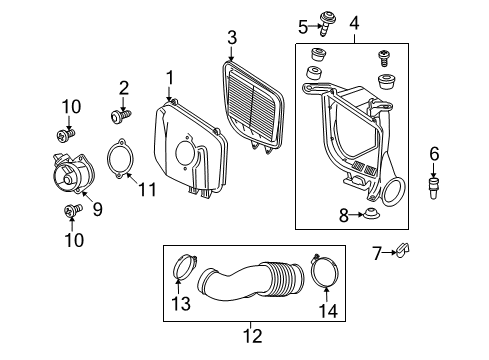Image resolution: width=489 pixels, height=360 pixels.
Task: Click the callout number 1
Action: coord(170,76)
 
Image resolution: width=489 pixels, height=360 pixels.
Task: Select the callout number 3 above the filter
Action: coord(231,38)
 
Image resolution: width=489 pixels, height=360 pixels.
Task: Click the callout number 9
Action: coord(97,209)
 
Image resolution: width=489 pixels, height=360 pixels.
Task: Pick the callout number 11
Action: coord(148,189)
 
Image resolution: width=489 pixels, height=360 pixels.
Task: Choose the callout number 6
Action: coord(434,153)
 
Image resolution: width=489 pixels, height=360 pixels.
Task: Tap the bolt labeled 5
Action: coord(327,18)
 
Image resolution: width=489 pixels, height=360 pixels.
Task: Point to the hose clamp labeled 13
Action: coord(185,267)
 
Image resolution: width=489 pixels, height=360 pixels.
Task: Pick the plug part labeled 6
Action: coord(434,185)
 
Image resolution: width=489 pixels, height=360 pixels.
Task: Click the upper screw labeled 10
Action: coord(66,132)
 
